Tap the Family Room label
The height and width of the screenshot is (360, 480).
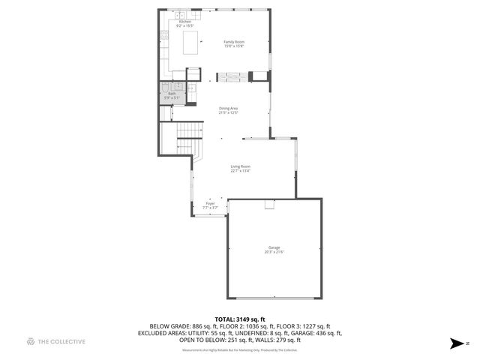pos(234,42)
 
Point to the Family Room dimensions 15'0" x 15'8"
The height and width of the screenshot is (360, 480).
pos(234,46)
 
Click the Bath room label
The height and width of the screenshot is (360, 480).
pos(172,94)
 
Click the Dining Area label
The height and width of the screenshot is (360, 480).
pos(228,109)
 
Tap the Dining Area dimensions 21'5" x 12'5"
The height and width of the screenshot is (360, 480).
pos(228,113)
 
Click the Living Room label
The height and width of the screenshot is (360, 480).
pos(240,166)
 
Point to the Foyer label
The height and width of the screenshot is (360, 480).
pos(210,203)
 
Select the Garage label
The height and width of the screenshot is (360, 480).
pos(274,247)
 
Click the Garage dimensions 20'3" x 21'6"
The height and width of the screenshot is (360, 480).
pos(274,252)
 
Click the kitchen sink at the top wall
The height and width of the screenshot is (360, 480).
pos(181,14)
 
